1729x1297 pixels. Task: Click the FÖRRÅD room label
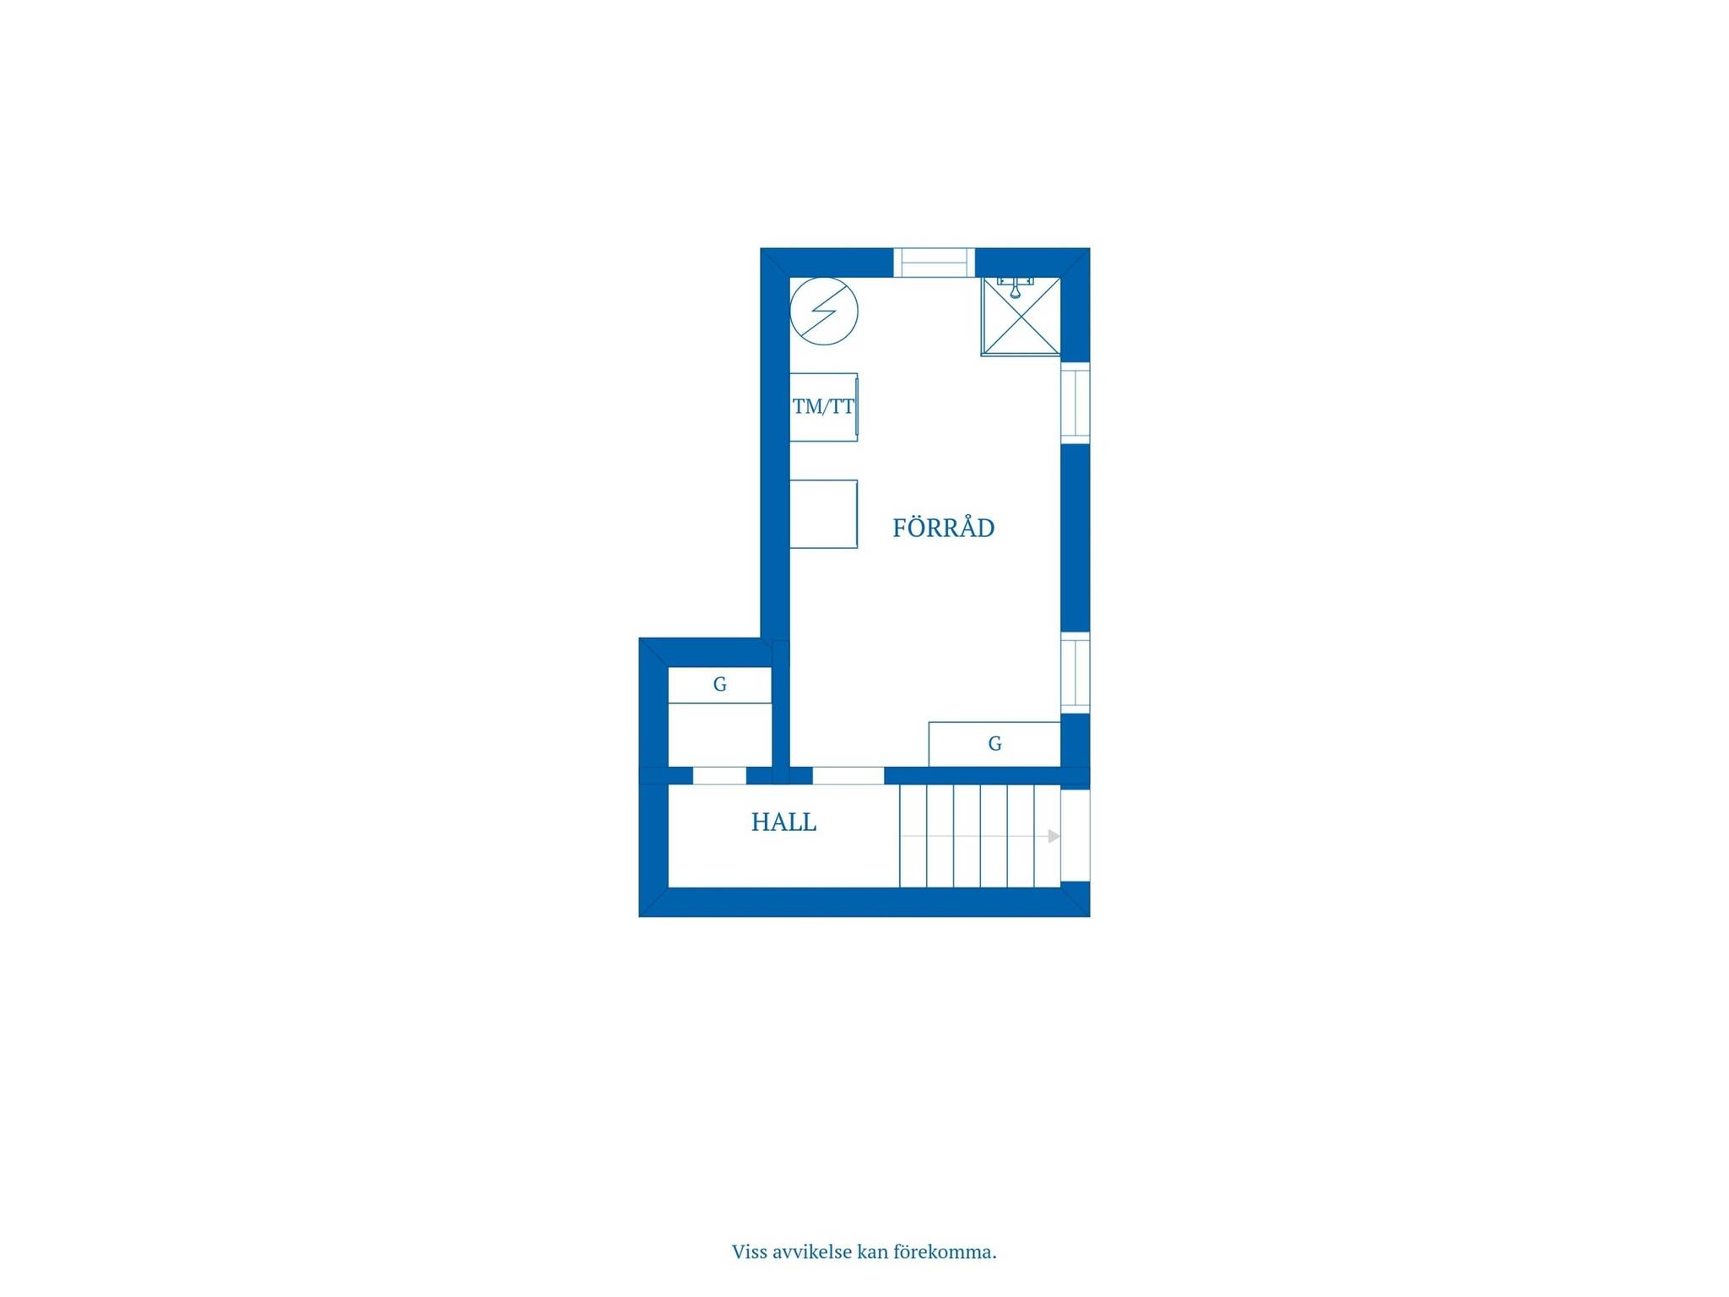point(943,527)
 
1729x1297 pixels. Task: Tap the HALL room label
point(783,822)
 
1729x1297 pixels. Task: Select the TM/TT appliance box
point(824,407)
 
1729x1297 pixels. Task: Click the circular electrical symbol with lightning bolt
point(824,311)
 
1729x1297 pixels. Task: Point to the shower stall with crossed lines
point(1021,316)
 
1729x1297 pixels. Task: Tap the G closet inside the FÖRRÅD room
point(995,744)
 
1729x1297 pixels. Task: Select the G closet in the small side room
point(720,685)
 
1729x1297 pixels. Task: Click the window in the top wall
point(934,263)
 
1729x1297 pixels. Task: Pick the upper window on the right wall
point(1075,403)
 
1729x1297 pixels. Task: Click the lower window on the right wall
point(1075,672)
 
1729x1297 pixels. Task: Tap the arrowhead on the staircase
point(1054,836)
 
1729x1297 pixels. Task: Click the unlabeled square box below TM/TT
point(824,514)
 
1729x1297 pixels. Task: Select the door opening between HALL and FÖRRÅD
point(848,776)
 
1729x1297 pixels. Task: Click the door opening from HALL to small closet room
point(719,776)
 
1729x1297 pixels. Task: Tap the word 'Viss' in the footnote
point(749,1251)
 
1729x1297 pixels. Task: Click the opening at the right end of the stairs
point(1075,835)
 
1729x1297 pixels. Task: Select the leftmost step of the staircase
point(913,836)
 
